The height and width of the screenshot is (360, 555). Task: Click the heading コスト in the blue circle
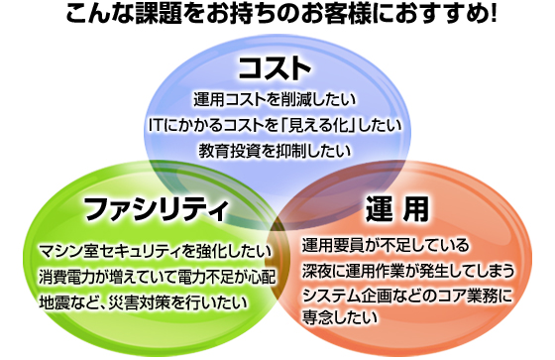[276, 67]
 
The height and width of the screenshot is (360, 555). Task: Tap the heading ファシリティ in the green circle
[156, 208]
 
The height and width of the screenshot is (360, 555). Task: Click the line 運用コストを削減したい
[275, 100]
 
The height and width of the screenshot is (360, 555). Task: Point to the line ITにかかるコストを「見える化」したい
[275, 125]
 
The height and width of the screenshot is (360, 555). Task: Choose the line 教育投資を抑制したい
[275, 151]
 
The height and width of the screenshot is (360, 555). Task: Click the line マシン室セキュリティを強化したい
[155, 252]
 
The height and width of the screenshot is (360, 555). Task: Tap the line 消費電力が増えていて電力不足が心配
[157, 277]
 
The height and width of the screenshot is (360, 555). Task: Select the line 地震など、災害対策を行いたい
[143, 302]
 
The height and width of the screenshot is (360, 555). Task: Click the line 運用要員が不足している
[386, 245]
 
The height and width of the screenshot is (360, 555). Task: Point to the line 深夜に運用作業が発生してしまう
[407, 271]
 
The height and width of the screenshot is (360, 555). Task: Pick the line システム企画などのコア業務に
[407, 296]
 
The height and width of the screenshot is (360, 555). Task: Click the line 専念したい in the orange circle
[339, 317]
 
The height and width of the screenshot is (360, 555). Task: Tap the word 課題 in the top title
[159, 14]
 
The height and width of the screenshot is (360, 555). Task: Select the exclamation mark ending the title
[493, 14]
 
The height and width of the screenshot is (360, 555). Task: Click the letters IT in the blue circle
[155, 126]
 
